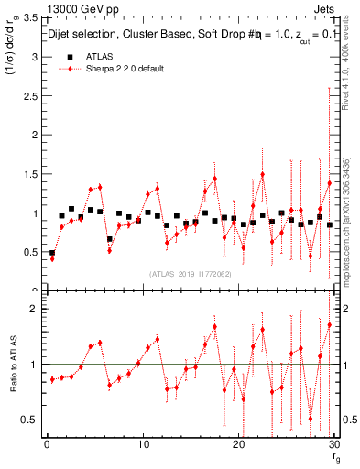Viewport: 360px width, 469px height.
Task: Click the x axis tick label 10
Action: (142, 444)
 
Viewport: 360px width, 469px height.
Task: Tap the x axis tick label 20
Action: (238, 444)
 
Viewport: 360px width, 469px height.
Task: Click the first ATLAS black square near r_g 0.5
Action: (52, 253)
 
